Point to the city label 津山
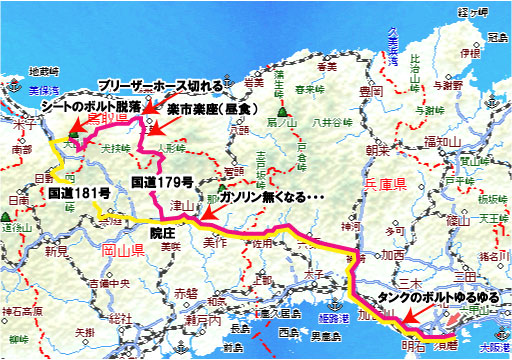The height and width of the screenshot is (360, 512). tap(181, 206)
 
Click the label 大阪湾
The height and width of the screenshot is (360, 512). tap(493, 347)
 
